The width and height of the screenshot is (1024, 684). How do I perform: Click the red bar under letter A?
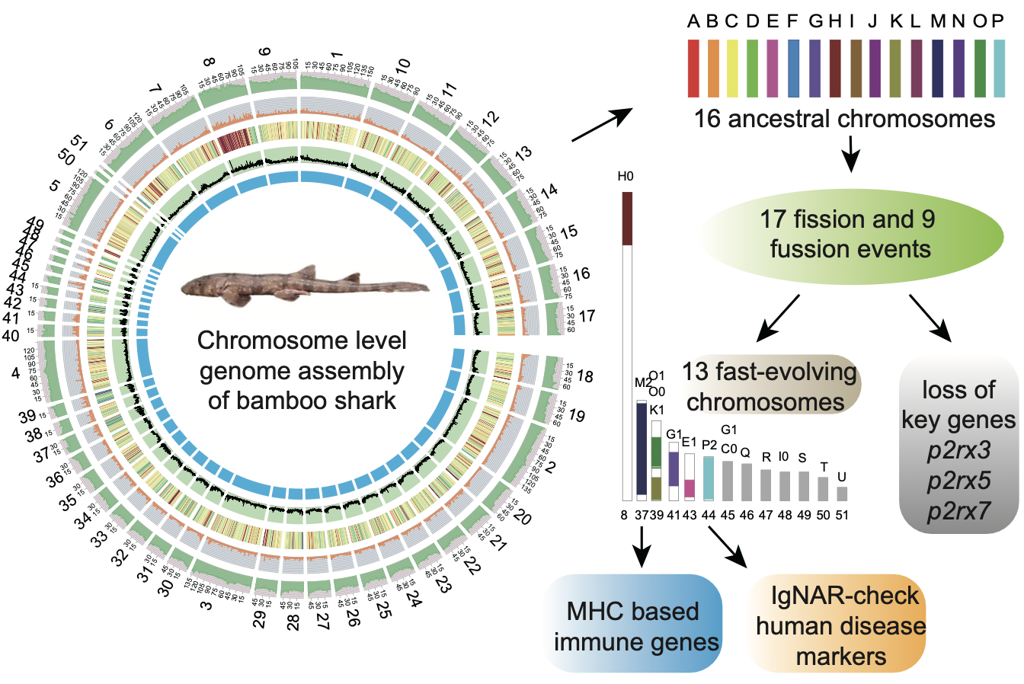pos(693,69)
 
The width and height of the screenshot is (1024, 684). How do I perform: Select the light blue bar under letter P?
pos(999,69)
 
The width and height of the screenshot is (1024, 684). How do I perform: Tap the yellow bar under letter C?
pos(733,69)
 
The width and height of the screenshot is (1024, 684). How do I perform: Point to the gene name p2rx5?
pos(959,481)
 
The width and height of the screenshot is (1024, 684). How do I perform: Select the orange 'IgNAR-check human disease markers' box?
pos(840,625)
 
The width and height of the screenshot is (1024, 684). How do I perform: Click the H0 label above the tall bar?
pos(626,177)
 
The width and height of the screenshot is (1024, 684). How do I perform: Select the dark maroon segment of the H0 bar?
pos(627,219)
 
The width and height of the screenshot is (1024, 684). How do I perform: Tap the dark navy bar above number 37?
pos(641,449)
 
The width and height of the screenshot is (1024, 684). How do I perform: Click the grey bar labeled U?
pos(842,494)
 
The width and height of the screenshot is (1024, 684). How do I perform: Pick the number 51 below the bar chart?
pos(842,516)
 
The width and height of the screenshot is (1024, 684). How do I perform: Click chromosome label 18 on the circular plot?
pos(584,376)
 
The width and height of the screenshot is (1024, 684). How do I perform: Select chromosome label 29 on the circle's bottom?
pos(260,621)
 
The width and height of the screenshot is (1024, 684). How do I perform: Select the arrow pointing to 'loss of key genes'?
pos(930,318)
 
